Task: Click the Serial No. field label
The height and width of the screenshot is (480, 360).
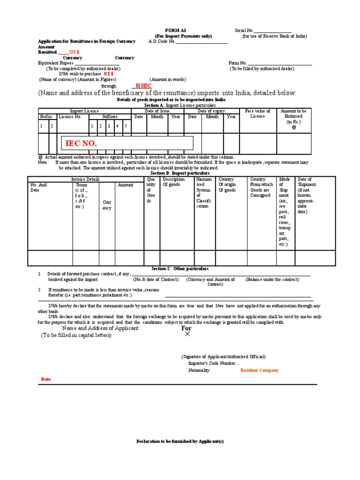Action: [x=244, y=30]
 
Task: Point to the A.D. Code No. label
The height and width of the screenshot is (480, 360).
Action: [x=162, y=41]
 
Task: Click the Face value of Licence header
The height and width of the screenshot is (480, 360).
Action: [x=257, y=113]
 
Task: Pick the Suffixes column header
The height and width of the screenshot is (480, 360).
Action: [x=110, y=116]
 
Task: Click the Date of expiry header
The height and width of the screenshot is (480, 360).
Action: [x=211, y=111]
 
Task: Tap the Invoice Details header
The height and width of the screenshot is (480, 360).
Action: [x=85, y=179]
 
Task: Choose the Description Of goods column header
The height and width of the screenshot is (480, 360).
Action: [x=173, y=182]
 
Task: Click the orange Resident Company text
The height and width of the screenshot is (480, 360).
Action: [x=259, y=370]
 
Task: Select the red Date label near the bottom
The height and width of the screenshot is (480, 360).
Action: [x=46, y=379]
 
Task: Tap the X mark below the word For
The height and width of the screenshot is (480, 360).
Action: [x=187, y=334]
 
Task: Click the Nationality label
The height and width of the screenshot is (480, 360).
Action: [x=199, y=370]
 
